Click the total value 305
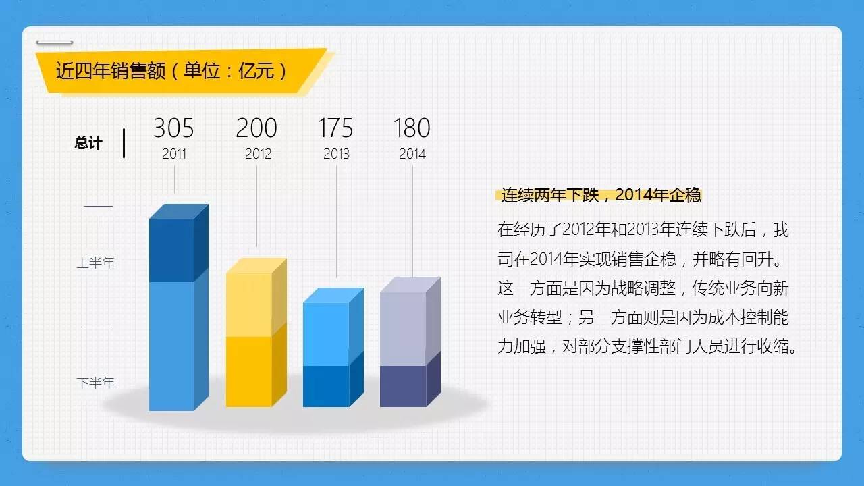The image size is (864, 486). [173, 128]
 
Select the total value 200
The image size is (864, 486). [256, 128]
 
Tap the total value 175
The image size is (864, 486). [335, 128]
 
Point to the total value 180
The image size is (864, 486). [412, 128]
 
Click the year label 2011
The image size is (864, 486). [174, 154]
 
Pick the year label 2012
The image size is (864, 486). [258, 154]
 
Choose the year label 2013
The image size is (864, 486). [336, 154]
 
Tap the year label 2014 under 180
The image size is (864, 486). [412, 154]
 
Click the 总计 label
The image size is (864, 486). [88, 143]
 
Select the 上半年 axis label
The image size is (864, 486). [95, 263]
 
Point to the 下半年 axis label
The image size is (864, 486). [95, 383]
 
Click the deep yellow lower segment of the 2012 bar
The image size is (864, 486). [248, 371]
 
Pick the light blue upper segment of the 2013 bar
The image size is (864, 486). [326, 334]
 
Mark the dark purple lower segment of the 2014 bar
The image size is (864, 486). [403, 386]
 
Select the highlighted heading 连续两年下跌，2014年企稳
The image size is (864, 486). [601, 196]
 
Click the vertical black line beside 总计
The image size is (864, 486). [124, 143]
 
